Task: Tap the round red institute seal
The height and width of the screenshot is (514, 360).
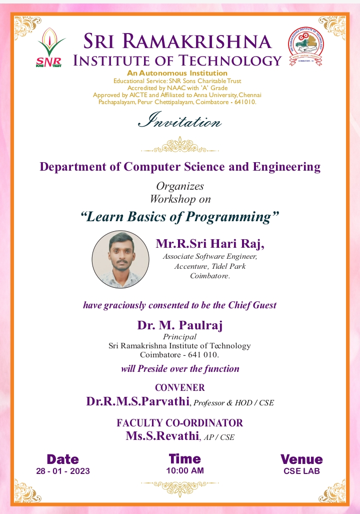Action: click(x=304, y=49)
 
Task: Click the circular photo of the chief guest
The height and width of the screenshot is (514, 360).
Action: click(x=120, y=259)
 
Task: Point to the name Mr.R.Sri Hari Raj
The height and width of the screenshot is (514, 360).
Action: click(x=209, y=244)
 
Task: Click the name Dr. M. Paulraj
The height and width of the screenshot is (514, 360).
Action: click(x=180, y=325)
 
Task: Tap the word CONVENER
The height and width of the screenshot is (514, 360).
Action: click(x=180, y=387)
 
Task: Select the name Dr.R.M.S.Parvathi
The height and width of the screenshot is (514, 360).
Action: click(x=138, y=401)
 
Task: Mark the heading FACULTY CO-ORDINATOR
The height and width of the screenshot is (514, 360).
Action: click(x=180, y=423)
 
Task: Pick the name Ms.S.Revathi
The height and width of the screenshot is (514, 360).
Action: click(x=162, y=436)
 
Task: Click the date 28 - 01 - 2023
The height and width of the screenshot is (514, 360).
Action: click(x=63, y=471)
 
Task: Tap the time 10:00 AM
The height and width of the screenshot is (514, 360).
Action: click(x=185, y=470)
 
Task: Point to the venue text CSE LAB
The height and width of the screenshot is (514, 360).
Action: click(x=301, y=471)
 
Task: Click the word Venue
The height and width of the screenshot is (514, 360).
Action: click(x=301, y=459)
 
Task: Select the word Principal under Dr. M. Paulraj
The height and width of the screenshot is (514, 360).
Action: click(x=180, y=337)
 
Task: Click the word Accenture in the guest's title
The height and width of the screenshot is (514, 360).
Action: click(x=192, y=266)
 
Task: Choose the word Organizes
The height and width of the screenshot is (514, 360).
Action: click(x=180, y=186)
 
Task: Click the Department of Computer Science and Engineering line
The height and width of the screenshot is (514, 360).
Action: click(x=180, y=167)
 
